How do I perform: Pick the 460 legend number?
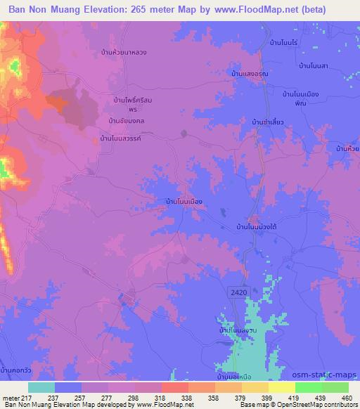347,397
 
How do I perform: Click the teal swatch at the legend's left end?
41,387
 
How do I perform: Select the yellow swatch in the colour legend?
281,387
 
